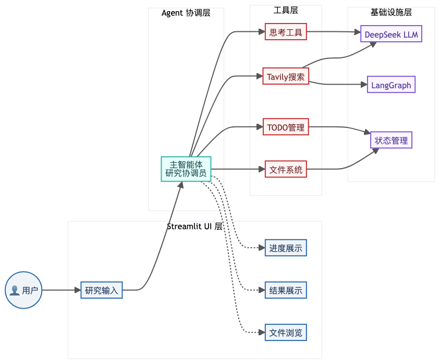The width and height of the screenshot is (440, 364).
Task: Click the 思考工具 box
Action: click(x=286, y=32)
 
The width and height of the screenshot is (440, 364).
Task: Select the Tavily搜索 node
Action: click(x=285, y=77)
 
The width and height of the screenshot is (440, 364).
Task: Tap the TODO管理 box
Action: click(x=286, y=127)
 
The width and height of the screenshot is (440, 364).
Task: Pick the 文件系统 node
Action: click(x=286, y=169)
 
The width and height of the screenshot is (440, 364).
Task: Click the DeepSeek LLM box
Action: click(x=392, y=34)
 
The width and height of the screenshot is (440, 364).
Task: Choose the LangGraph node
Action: click(x=391, y=85)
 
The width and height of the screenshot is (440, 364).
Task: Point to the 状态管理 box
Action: click(x=391, y=140)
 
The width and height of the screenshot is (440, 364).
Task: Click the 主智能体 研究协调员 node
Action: click(x=186, y=169)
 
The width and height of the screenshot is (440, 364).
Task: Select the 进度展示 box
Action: click(x=286, y=248)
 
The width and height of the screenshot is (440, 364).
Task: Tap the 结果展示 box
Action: click(x=286, y=290)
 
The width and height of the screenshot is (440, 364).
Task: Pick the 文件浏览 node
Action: click(x=286, y=332)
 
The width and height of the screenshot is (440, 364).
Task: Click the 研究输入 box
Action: click(x=102, y=290)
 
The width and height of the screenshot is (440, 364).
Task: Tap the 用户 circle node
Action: click(x=23, y=290)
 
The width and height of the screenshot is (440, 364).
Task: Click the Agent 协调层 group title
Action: click(x=186, y=13)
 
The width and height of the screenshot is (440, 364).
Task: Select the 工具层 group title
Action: click(x=286, y=10)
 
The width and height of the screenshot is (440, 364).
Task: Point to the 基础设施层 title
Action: click(x=391, y=12)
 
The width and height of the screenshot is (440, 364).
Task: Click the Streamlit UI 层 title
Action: click(x=194, y=226)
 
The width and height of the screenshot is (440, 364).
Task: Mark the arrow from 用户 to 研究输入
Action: click(x=61, y=290)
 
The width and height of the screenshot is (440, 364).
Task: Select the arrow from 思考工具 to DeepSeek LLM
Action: click(x=334, y=32)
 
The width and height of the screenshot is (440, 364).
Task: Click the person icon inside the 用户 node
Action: click(x=15, y=290)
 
